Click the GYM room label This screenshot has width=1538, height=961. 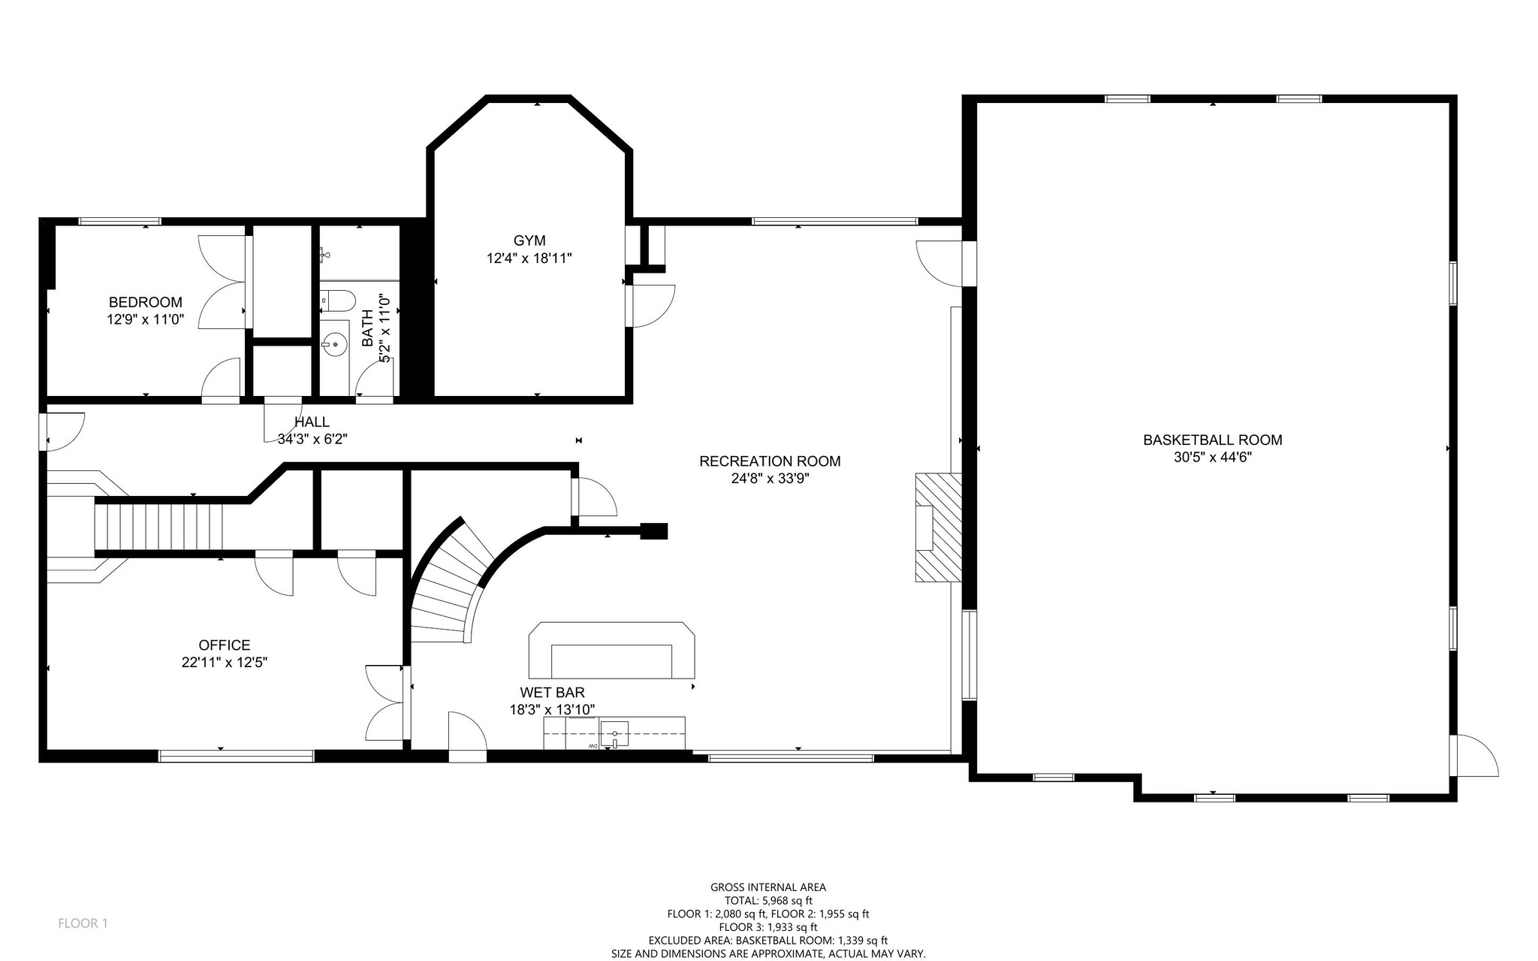[529, 240]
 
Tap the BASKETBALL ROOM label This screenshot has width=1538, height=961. [1212, 440]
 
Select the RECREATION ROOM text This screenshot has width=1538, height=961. [770, 461]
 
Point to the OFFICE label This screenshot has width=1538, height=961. [225, 645]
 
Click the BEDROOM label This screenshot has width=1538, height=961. [146, 302]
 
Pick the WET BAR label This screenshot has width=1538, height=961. [552, 693]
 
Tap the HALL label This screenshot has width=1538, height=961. [312, 422]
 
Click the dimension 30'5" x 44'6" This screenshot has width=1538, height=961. [1213, 457]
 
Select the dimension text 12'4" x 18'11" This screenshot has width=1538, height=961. [529, 258]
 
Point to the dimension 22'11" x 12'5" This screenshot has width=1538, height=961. [225, 663]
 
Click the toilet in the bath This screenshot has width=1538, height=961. [336, 301]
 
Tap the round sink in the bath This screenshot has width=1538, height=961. [334, 346]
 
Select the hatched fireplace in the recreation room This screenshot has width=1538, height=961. [938, 527]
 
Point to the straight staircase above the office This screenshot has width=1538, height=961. [158, 527]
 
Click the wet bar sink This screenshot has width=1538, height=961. [614, 731]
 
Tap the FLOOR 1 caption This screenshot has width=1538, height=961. [83, 923]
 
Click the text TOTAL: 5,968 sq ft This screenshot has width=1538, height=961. [768, 901]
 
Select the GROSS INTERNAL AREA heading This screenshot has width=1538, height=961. [768, 887]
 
